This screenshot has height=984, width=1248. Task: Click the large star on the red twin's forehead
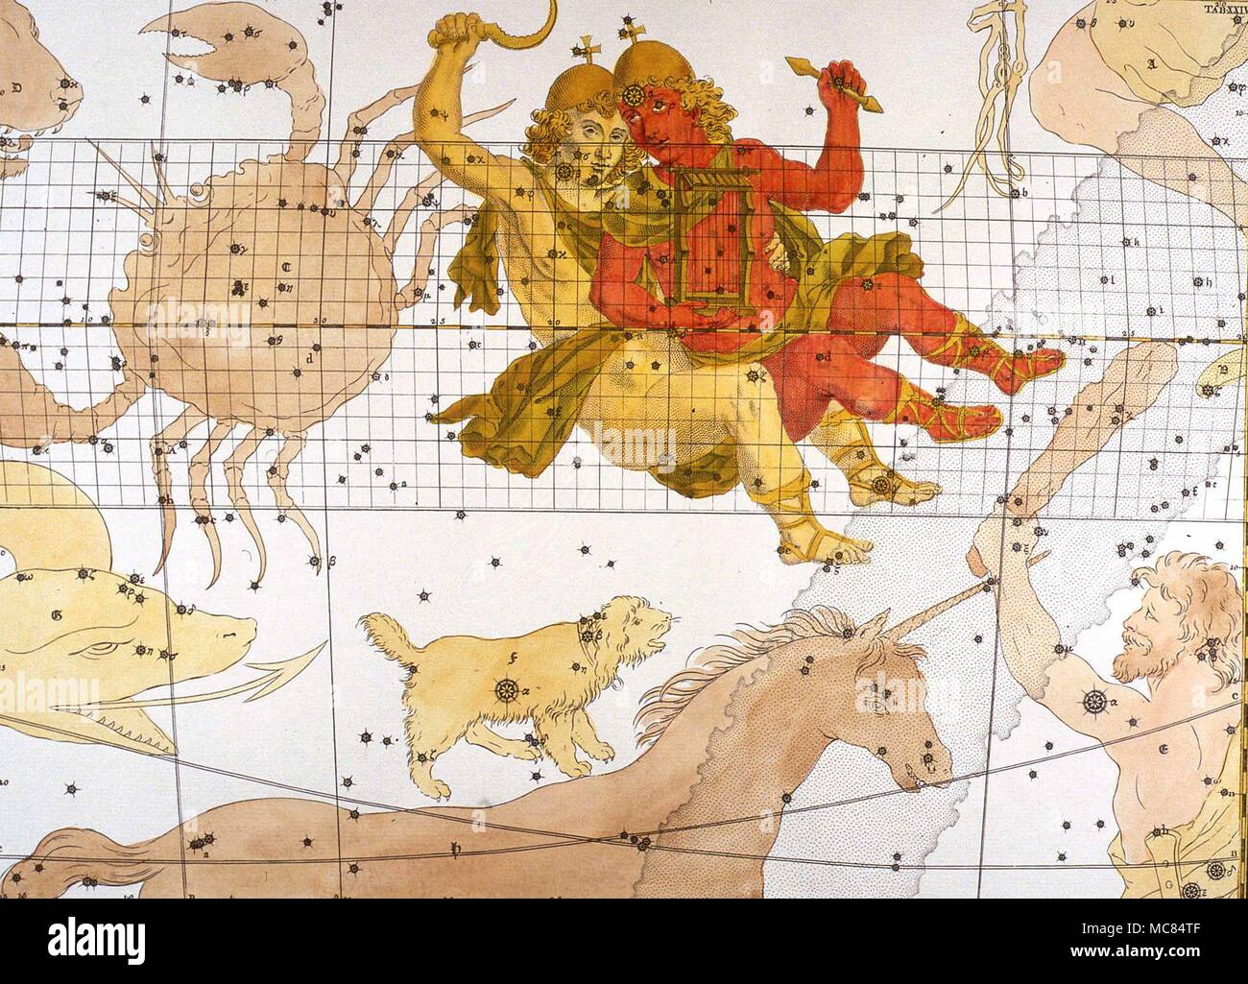[635, 96]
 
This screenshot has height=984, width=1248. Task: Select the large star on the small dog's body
[506, 688]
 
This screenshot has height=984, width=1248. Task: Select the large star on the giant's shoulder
[1092, 702]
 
